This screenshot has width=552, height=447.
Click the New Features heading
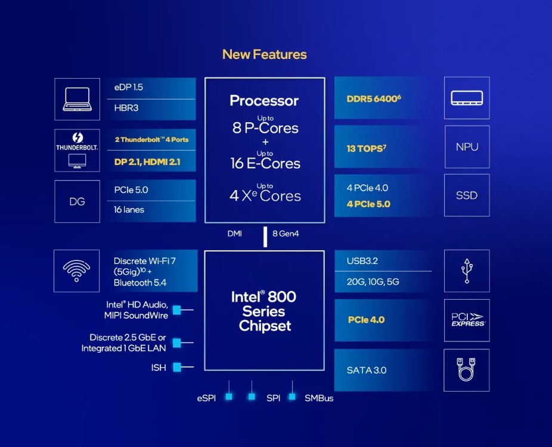(x=264, y=54)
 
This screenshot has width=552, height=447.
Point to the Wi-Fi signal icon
(x=76, y=271)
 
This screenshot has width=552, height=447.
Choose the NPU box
(x=467, y=147)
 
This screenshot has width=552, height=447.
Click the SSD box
(x=467, y=195)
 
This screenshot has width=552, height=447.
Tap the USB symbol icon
(x=467, y=271)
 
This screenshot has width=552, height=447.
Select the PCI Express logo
(x=467, y=320)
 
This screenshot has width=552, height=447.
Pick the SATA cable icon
(x=467, y=370)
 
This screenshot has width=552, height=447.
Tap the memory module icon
(x=467, y=98)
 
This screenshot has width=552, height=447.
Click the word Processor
(x=264, y=101)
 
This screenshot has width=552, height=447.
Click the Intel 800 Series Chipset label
(x=264, y=311)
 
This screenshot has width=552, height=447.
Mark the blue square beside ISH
(x=177, y=367)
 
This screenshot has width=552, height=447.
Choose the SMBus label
(x=319, y=398)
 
